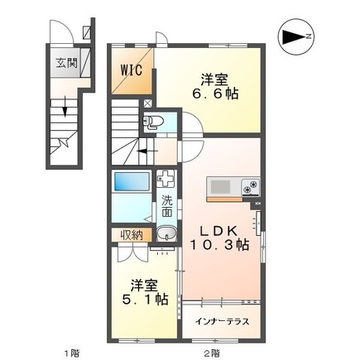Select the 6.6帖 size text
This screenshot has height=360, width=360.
point(214,94)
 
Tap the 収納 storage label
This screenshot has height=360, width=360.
point(132,235)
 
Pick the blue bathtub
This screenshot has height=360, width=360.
point(130,180)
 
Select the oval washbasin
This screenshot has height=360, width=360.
point(164,234)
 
